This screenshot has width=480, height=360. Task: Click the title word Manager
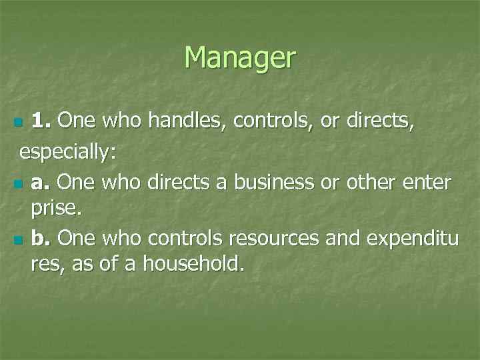(x=239, y=58)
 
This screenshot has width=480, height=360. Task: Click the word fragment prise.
(x=56, y=209)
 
